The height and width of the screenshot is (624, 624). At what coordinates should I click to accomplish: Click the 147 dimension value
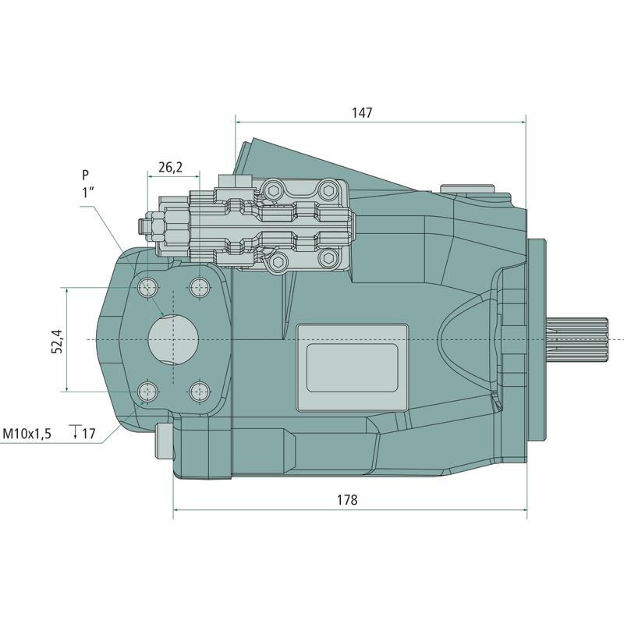(x=362, y=112)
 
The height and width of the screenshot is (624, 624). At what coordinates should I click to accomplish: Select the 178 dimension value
(x=347, y=499)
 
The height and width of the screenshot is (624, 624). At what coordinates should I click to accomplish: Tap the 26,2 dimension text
(x=170, y=167)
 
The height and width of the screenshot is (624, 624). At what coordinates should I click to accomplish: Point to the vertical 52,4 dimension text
(x=57, y=342)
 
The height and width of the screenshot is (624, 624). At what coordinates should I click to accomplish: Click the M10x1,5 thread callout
(x=27, y=434)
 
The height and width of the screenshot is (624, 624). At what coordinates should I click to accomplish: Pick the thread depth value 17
(x=89, y=434)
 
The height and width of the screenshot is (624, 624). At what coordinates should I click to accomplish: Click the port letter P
(x=85, y=175)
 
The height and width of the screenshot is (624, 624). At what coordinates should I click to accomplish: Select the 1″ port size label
(x=87, y=193)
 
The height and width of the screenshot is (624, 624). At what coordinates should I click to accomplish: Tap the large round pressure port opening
(x=173, y=339)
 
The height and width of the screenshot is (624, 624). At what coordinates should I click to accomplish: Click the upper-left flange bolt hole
(x=147, y=287)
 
